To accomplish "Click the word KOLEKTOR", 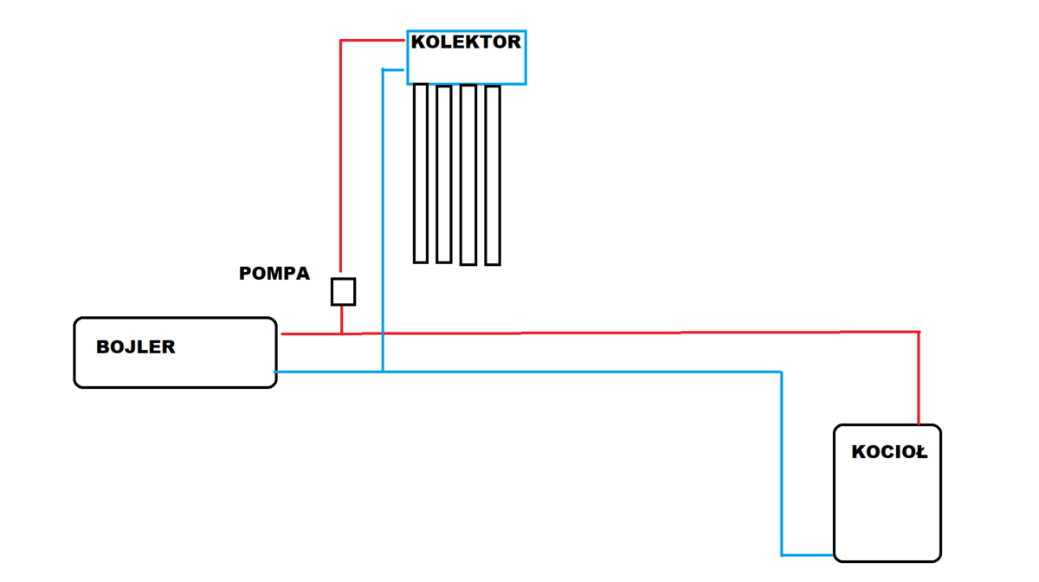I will coord(466,42).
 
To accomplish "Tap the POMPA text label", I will coord(274,274).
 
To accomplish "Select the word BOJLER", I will coord(136,347).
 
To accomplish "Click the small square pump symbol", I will coord(343,292).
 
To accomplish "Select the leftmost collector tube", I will coord(421,172).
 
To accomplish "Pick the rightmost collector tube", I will coord(493,175).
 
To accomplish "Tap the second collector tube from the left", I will coord(444,173).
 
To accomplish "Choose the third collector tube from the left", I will coord(468,174).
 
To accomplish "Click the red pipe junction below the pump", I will coord(342,333).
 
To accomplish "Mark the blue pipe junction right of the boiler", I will coord(382,372).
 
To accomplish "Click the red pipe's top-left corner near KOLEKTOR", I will coord(340,41).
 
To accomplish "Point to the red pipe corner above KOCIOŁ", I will coord(918,332).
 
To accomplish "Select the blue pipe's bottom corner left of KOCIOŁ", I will coord(782,554).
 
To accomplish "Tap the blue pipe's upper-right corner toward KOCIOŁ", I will coord(782,372).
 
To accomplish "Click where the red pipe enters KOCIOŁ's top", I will coord(918,424).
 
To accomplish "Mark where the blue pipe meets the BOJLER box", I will coord(276,372).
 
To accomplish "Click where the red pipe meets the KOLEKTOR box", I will coord(407,40).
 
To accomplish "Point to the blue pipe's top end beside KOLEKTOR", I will coord(384,70).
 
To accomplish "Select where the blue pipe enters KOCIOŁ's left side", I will coord(834,554).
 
